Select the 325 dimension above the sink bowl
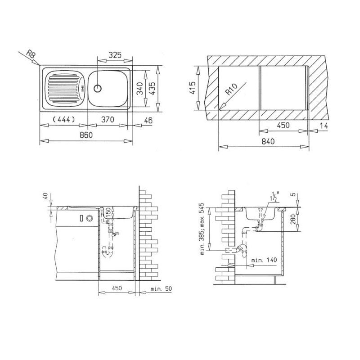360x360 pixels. click(x=115, y=55)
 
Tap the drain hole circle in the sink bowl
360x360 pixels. click(x=98, y=88)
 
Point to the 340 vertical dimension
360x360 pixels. click(x=140, y=88)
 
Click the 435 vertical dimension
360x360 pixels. click(x=152, y=88)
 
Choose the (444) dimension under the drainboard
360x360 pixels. click(x=63, y=119)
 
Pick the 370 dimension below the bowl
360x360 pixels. click(x=108, y=119)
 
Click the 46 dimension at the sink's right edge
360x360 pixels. click(x=148, y=120)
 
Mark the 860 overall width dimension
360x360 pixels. click(x=86, y=135)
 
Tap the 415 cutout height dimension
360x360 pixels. click(x=193, y=88)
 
